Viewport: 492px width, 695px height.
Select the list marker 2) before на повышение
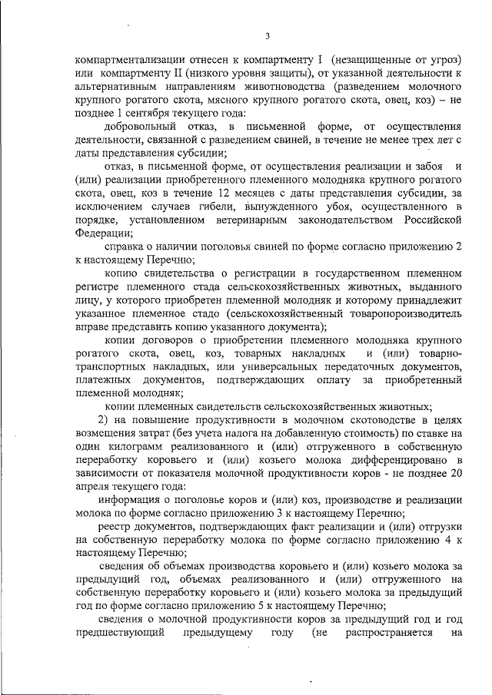point(105,420)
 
